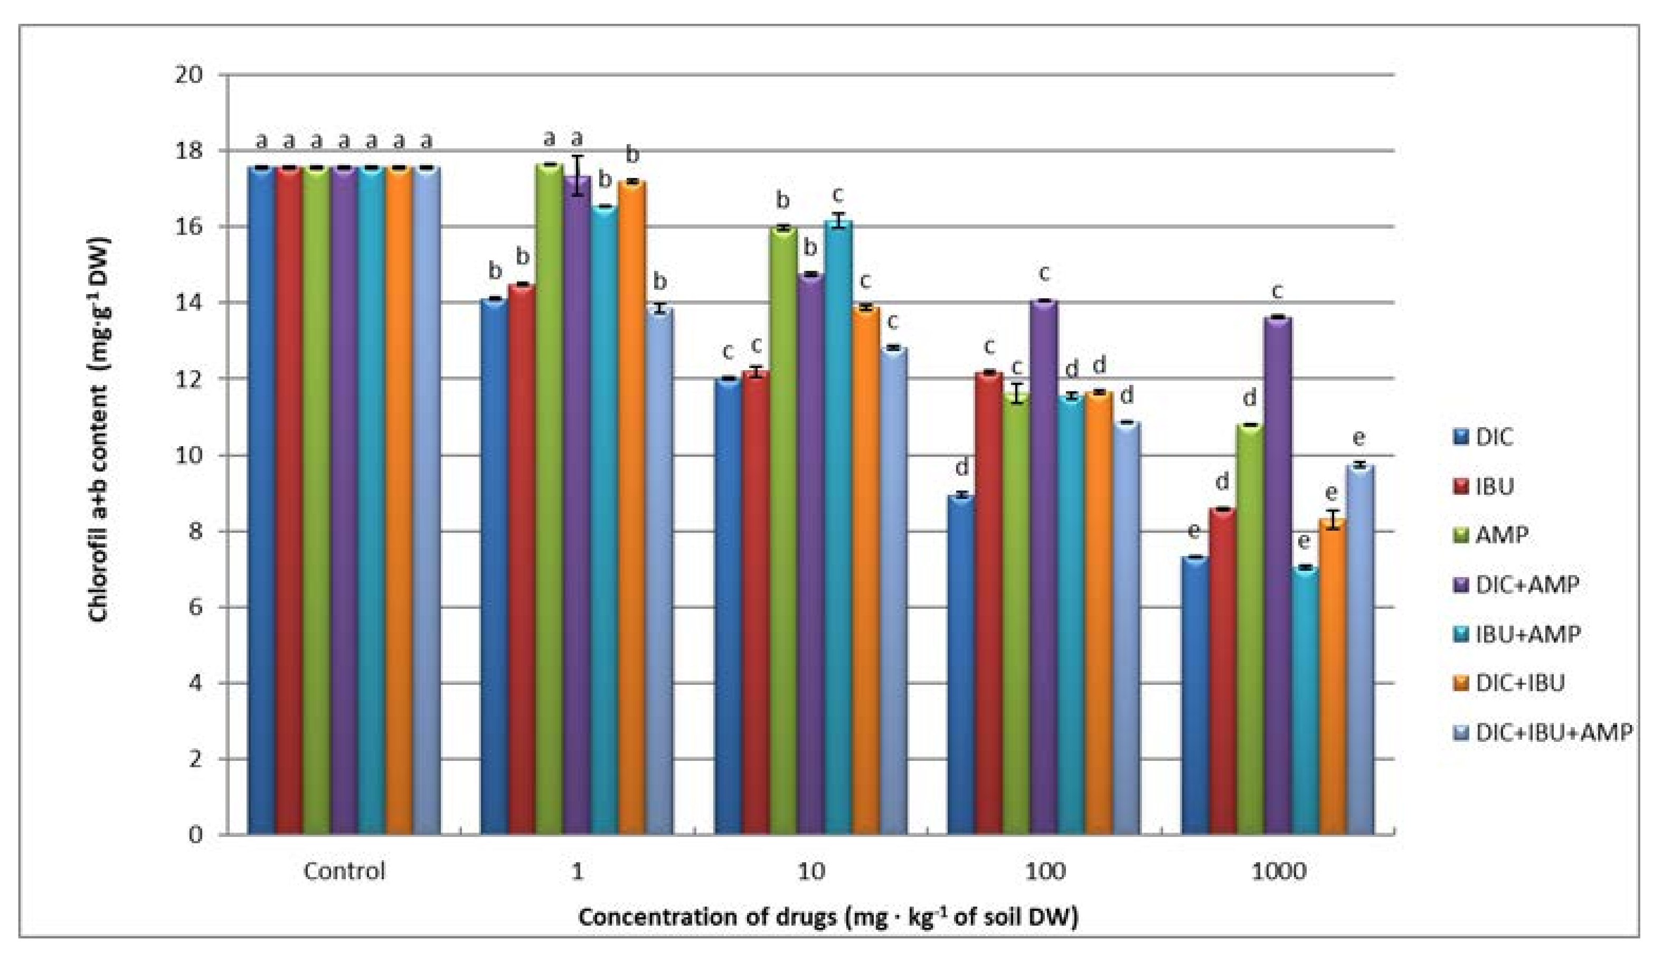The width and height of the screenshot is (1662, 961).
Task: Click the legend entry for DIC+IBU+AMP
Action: tap(1544, 733)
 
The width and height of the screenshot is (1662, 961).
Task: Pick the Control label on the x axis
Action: tap(344, 871)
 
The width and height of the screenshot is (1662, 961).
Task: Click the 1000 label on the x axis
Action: tap(1278, 871)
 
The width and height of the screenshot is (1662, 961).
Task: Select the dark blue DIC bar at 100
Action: tap(961, 666)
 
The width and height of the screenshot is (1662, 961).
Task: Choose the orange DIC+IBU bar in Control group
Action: tap(399, 501)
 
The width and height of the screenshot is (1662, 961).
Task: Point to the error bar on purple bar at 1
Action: tap(578, 175)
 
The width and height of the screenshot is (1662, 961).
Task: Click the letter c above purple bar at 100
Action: tap(1043, 272)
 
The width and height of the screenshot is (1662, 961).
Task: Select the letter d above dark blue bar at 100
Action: tap(961, 468)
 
